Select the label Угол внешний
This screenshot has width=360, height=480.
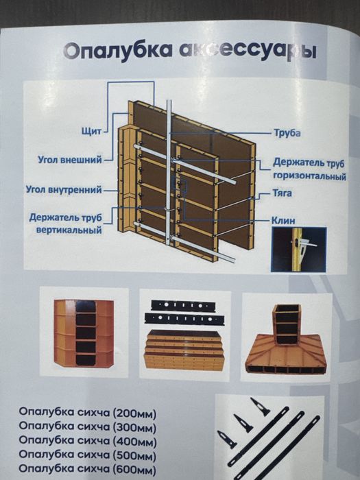pyautogui.click(x=69, y=160)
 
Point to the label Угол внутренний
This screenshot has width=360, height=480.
pyautogui.click(x=63, y=189)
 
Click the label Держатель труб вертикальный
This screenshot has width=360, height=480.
pyautogui.click(x=66, y=224)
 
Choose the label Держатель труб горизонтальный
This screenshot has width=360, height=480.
pyautogui.click(x=309, y=170)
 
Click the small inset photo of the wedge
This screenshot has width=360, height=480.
pyautogui.click(x=299, y=250)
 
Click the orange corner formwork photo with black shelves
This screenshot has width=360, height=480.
pyautogui.click(x=84, y=332)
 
